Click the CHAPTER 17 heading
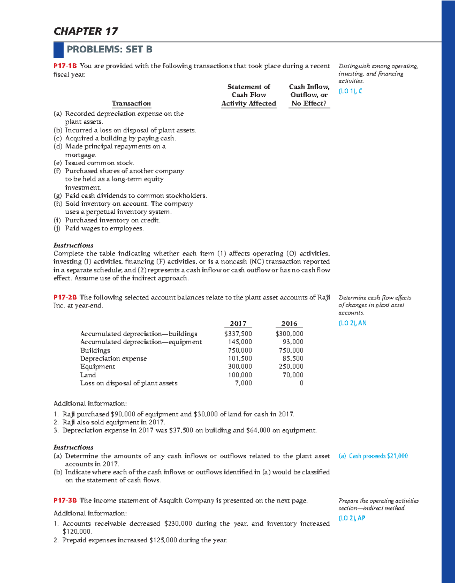point(86,31)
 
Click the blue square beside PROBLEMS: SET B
point(58,49)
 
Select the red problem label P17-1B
point(65,66)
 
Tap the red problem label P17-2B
point(65,298)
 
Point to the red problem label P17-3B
point(65,501)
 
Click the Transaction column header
point(131,104)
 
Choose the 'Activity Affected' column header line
point(249,104)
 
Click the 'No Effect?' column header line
point(309,104)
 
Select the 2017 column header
point(238,323)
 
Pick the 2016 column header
point(289,323)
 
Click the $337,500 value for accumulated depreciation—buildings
point(238,334)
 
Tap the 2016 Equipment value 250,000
point(291,367)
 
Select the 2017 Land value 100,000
point(240,375)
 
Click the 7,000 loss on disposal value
point(243,383)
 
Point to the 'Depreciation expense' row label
point(113,359)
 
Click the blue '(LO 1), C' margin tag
point(350,91)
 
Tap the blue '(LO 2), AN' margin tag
point(353,323)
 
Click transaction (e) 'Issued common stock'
point(99,163)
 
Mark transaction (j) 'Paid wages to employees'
point(104,228)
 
